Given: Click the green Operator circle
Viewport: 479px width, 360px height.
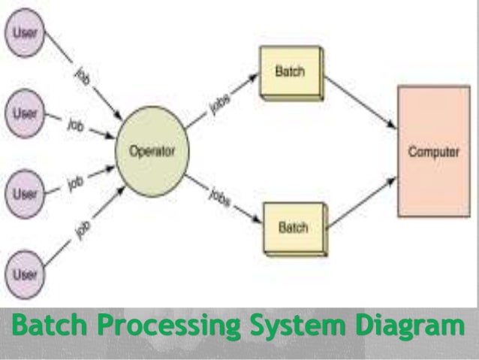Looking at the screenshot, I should pos(152,151).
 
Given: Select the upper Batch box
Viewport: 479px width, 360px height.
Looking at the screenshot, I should pos(290,74).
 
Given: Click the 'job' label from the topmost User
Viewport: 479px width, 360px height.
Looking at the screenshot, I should pos(84,78).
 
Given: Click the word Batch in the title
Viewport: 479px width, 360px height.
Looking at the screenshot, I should pos(51,329).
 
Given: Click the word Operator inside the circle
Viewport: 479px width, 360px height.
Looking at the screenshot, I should pos(152,151).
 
